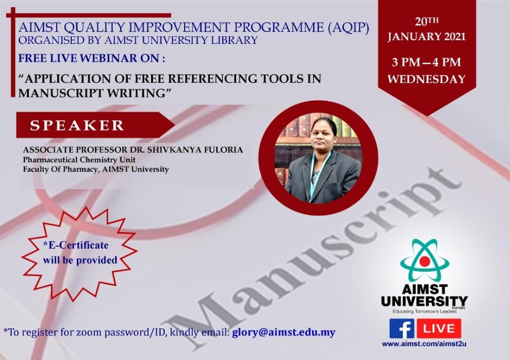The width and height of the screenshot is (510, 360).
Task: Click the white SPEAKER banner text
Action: click(77, 125)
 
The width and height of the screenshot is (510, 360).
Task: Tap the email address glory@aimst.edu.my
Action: click(284, 332)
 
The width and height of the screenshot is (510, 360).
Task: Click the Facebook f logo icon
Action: click(402, 328)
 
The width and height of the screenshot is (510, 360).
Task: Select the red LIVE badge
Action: click(439, 328)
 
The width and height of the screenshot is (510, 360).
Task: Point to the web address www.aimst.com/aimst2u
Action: click(424, 344)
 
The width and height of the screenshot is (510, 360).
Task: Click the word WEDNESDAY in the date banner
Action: click(426, 80)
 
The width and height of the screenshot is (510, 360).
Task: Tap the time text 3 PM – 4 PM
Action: click(426, 62)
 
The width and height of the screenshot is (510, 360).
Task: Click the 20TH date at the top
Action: click(426, 21)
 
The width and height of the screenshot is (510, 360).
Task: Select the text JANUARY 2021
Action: click(426, 36)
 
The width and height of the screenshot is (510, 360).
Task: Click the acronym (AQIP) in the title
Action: click(347, 28)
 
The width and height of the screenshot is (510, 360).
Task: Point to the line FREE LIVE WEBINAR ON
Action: click(91, 58)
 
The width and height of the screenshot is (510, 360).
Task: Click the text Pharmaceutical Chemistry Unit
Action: click(79, 160)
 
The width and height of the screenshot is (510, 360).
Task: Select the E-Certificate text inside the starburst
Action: click(76, 245)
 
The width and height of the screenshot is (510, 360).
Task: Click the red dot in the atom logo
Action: click(425, 261)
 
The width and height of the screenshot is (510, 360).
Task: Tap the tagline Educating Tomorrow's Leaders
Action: click(424, 312)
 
